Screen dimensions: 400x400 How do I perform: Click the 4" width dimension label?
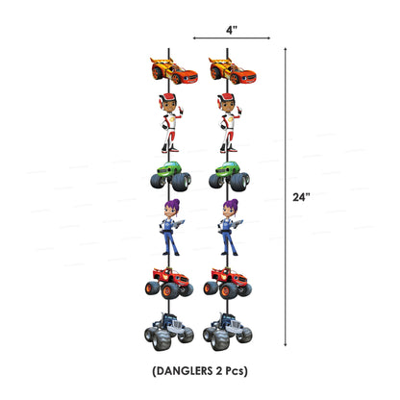[231, 30]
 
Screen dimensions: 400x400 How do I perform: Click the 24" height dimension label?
[301, 197]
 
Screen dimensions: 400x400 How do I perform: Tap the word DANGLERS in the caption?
[182, 371]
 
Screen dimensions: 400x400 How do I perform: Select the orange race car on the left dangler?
[174, 70]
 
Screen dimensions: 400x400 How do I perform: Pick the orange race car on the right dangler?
[233, 70]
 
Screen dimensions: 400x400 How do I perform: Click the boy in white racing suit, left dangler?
[170, 123]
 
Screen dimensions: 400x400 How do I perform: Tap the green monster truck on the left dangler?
[170, 176]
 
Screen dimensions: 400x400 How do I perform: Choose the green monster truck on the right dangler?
[229, 176]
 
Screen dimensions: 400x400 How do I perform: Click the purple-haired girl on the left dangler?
[171, 227]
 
